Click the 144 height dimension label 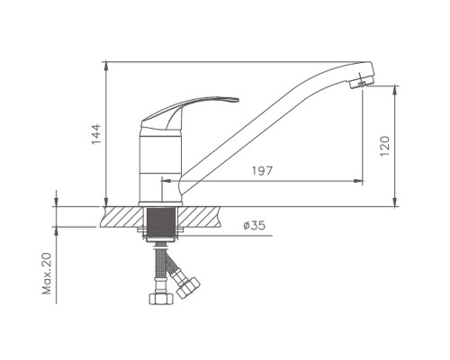point(96,134)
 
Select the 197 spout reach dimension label point(262,171)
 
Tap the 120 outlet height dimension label point(384,146)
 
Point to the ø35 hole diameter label point(255,225)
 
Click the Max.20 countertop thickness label point(47,273)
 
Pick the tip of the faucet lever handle point(238,100)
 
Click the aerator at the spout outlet point(361,83)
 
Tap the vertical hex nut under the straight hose point(161,299)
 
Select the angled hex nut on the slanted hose point(188,287)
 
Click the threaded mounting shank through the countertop point(161,223)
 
